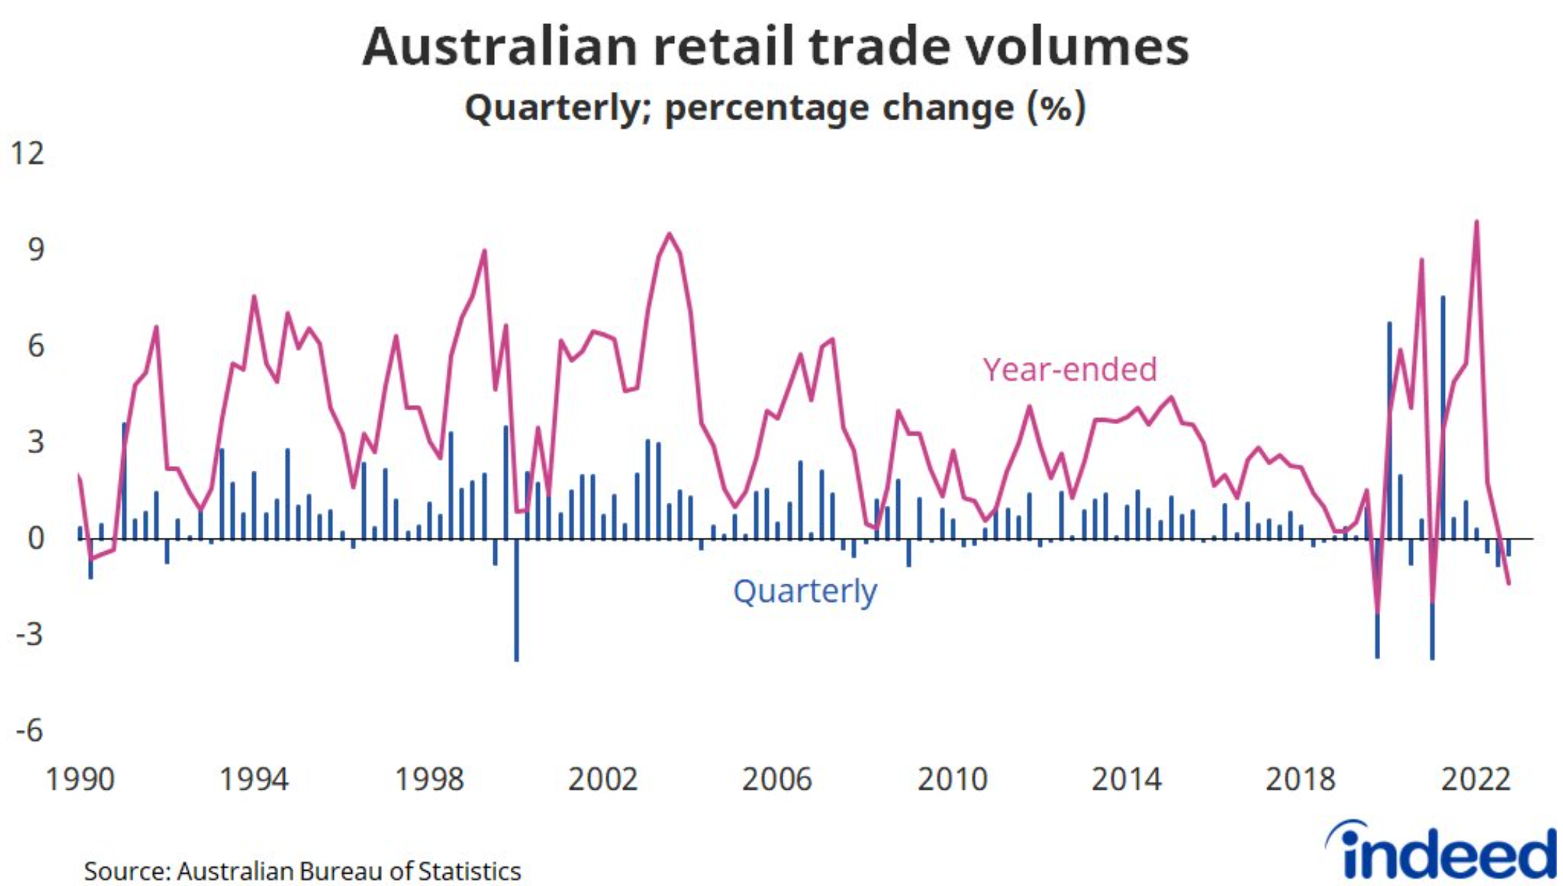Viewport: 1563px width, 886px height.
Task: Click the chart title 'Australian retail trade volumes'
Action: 775,47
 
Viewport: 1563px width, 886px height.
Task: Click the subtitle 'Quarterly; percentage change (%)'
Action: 775,108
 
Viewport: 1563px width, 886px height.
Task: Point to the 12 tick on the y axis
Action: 27,154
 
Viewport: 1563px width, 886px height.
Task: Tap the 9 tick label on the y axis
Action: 36,250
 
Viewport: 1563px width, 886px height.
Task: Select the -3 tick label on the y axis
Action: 30,635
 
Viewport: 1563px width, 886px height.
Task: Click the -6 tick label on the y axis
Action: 30,731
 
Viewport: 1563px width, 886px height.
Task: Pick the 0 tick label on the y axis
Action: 36,539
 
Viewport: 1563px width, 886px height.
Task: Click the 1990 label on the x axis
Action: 80,780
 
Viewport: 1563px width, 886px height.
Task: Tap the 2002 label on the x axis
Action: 603,780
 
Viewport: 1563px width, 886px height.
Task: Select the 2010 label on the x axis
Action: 952,780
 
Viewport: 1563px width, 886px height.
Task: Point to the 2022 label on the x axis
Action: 1476,780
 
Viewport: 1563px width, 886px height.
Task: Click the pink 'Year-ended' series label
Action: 1070,370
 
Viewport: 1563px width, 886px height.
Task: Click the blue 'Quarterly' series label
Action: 804,591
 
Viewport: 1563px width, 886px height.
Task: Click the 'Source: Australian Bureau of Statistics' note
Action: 302,871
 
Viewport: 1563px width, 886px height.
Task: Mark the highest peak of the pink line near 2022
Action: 1476,222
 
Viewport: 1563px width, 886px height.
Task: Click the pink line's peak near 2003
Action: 669,235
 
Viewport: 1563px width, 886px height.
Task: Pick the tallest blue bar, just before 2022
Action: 1443,299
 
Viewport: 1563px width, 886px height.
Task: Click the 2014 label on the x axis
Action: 1126,780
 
